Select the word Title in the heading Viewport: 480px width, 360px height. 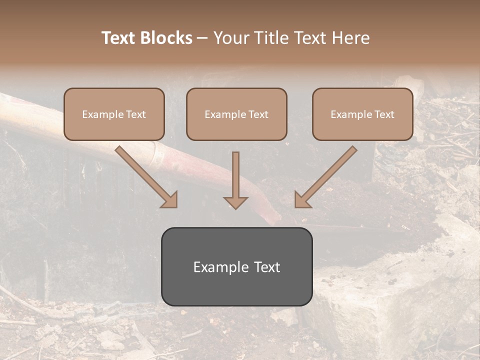(271, 38)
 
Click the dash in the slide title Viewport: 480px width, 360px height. (202, 38)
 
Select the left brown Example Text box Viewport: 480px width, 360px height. (114, 114)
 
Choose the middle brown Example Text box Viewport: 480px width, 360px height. (236, 114)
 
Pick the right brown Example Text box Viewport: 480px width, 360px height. (362, 114)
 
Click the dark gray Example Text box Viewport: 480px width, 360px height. (236, 266)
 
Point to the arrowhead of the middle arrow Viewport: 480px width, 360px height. (236, 202)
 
